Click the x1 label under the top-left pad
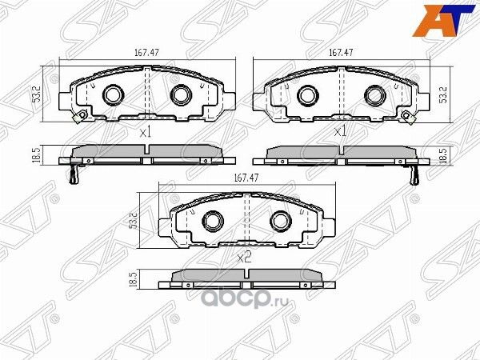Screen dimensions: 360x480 pos(145,133)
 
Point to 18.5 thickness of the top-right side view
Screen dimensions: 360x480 pos(442,154)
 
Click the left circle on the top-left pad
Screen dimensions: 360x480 pos(112,95)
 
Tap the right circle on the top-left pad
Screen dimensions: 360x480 pos(178,95)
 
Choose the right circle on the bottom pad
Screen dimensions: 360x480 pos(278,220)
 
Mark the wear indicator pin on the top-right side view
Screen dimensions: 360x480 pos(414,176)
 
